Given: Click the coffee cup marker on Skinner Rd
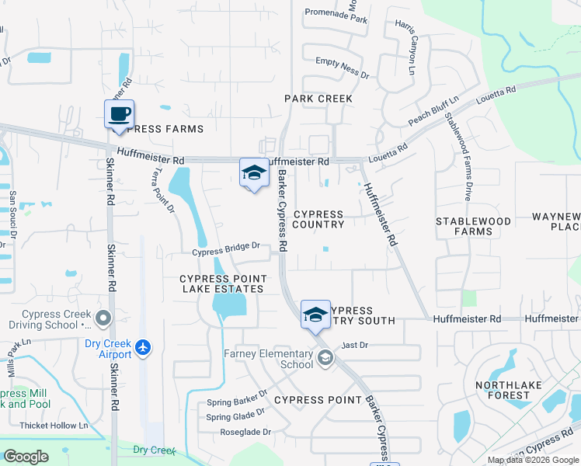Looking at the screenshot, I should tap(119, 114).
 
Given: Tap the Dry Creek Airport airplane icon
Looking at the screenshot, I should tap(141, 347).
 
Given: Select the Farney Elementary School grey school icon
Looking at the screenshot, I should tap(325, 357).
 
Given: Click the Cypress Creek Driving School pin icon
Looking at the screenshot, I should tap(102, 317).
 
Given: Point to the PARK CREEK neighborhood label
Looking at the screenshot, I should tap(318, 99).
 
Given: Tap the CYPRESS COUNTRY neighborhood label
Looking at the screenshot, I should tap(318, 219).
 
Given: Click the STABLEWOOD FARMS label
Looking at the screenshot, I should tap(473, 226).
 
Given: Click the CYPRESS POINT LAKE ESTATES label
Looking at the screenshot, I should tap(223, 283).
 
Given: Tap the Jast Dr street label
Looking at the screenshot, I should tap(354, 344).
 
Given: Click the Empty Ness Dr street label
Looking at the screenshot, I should tap(343, 66).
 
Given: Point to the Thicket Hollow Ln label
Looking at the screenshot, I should tap(55, 426).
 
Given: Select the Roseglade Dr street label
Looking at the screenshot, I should tap(245, 432).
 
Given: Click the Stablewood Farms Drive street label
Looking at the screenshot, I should tap(457, 156).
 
